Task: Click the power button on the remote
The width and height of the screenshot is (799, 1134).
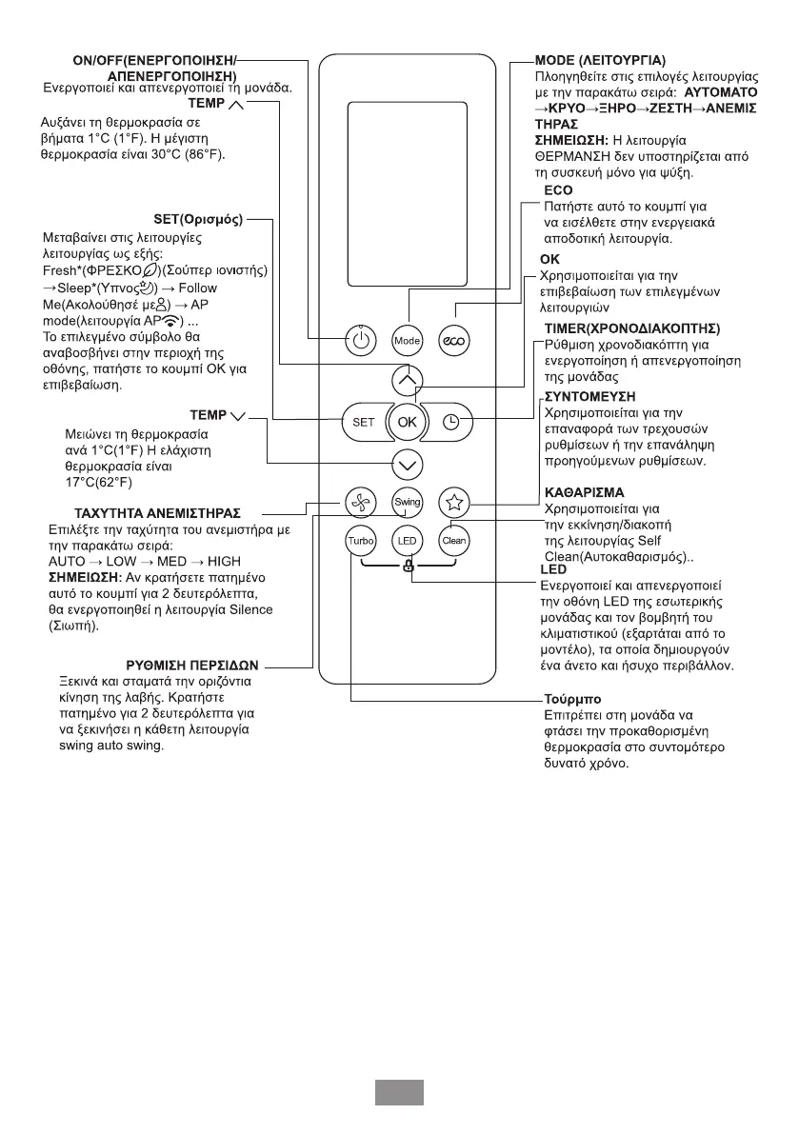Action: point(359,340)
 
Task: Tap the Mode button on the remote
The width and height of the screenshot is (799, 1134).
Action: point(408,340)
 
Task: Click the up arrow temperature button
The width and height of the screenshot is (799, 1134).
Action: point(408,380)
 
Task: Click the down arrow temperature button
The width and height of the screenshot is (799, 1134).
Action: point(408,464)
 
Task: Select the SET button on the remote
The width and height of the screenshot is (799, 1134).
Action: point(363,422)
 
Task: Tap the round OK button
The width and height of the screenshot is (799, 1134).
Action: point(408,422)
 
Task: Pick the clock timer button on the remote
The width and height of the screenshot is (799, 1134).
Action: point(451,422)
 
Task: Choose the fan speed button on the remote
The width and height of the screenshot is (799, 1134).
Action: point(359,501)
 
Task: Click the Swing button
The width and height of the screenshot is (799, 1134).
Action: point(408,501)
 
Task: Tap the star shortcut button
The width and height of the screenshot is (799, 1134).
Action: point(454,501)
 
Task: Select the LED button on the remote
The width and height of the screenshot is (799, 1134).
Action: point(408,541)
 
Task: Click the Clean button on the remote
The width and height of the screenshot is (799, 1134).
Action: point(454,541)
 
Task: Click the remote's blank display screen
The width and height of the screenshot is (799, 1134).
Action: point(407,191)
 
